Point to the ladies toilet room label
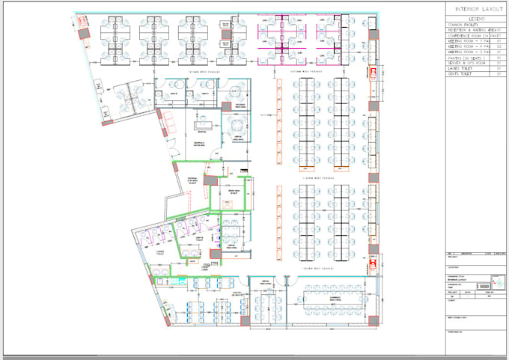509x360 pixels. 160,252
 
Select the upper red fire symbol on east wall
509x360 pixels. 369,74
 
